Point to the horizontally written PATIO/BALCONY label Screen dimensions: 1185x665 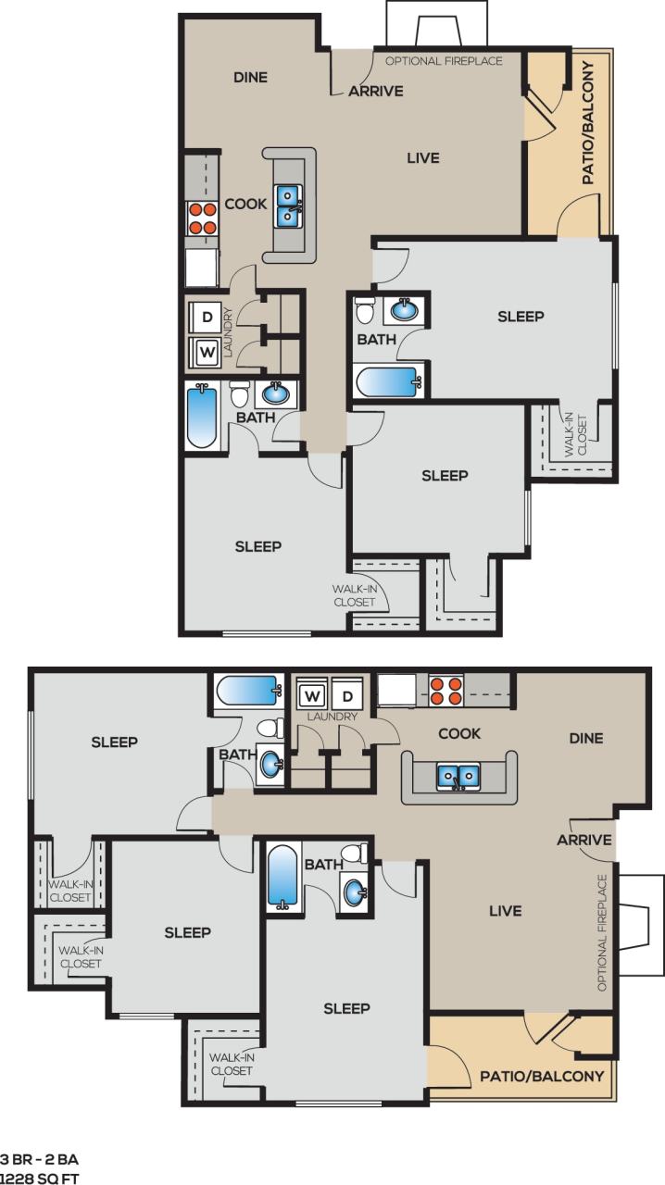(x=541, y=1076)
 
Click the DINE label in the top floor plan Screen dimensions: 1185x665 (x=250, y=78)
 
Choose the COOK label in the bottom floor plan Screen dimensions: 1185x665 (x=458, y=733)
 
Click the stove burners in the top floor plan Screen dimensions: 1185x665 (x=202, y=218)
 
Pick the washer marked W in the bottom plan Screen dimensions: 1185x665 (x=313, y=694)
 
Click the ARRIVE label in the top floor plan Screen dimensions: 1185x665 (x=376, y=91)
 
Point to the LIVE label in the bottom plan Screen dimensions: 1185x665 (x=505, y=911)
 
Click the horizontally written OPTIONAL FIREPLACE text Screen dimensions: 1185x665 (x=444, y=61)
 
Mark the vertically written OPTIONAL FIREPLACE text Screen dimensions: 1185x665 (x=603, y=932)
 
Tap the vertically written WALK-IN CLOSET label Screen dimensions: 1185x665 (x=582, y=434)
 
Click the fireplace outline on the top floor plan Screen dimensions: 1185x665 (x=437, y=23)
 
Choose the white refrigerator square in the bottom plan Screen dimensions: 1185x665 (x=395, y=690)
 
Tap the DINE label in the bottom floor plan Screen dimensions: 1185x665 (x=585, y=738)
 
